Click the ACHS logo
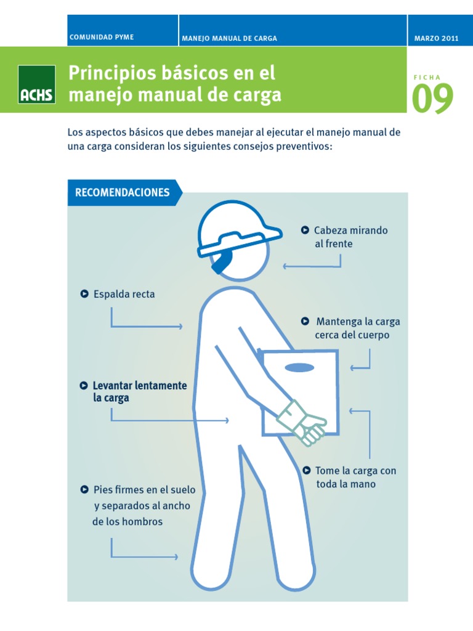point(37,85)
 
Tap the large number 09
point(432,99)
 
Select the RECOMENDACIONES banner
point(123,192)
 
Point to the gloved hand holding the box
point(302,422)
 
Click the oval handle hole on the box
point(300,368)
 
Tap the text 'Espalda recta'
point(124,294)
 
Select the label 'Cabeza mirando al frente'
point(350,237)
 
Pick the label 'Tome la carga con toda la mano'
point(355,477)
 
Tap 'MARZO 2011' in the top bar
point(437,38)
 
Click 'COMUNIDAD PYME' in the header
point(102,38)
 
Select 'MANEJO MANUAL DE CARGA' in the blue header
point(229,38)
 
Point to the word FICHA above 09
point(427,77)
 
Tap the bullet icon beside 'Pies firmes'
point(84,490)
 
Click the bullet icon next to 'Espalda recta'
point(84,294)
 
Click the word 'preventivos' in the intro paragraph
point(306,147)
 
